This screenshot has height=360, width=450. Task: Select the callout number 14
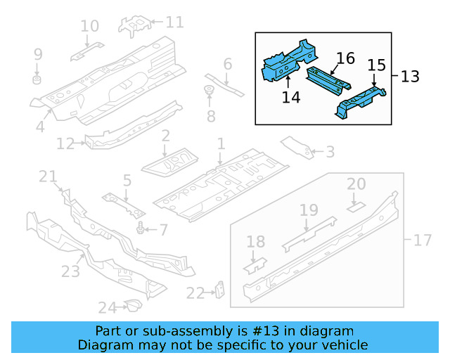290,96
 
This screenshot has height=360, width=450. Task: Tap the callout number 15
376,65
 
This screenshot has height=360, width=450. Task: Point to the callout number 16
345,58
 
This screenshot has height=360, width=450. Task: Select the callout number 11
174,22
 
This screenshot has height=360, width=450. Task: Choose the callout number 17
422,240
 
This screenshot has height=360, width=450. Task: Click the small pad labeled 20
356,207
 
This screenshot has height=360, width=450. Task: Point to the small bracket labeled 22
220,290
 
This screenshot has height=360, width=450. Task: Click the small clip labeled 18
255,265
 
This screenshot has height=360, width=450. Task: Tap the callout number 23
71,271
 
